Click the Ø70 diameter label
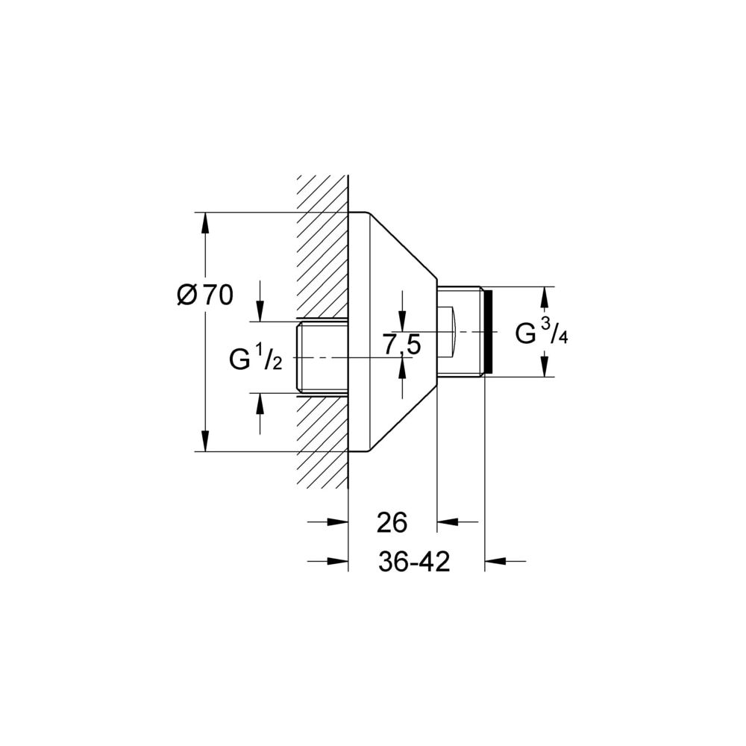click(x=205, y=295)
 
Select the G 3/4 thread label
click(x=542, y=332)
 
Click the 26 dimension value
click(x=392, y=522)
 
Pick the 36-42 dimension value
click(x=414, y=562)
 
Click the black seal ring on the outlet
click(x=488, y=332)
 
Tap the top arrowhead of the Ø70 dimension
click(x=205, y=222)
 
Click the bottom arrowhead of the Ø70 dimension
click(x=205, y=441)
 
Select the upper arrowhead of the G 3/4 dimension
click(x=545, y=297)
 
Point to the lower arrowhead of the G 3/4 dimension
click(x=545, y=366)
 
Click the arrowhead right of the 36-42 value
click(x=495, y=562)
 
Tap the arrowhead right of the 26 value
click(x=447, y=522)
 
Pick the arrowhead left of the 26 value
click(x=338, y=522)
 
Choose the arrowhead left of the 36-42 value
click(x=338, y=562)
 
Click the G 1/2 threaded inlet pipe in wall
click(x=322, y=357)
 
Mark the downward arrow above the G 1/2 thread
click(x=260, y=301)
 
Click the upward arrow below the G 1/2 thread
click(x=260, y=413)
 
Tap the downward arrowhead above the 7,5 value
click(x=403, y=321)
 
